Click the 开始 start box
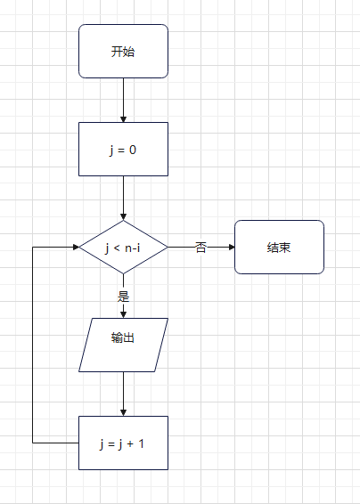[x=123, y=51]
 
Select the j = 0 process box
[x=123, y=149]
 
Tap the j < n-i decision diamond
[x=123, y=248]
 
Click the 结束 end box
[x=279, y=248]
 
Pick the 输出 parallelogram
[x=123, y=345]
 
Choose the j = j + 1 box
[x=123, y=443]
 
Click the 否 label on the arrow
[x=200, y=248]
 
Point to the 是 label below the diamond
[x=123, y=297]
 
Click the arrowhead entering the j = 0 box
[x=123, y=119]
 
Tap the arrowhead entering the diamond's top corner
[x=123, y=217]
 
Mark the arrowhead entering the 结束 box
[x=232, y=248]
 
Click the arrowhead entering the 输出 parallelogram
[x=123, y=315]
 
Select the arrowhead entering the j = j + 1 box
[x=123, y=413]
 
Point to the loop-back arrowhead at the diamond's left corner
[x=76, y=248]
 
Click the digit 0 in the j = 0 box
[x=133, y=150]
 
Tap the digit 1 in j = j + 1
[x=141, y=443]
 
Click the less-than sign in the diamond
[x=117, y=248]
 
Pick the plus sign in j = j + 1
[x=130, y=443]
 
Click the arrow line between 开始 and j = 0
[x=123, y=101]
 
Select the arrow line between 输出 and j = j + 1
[x=123, y=394]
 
